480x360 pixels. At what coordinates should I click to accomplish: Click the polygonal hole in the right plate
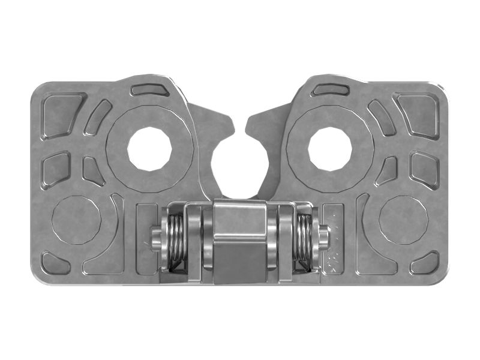click(x=330, y=148)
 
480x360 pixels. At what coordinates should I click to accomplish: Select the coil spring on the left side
click(x=175, y=240)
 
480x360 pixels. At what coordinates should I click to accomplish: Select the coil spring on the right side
click(x=304, y=240)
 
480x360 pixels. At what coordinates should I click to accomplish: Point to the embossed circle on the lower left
click(x=76, y=220)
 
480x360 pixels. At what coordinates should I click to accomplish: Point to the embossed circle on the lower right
click(x=403, y=220)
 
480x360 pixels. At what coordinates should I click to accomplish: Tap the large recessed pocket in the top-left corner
click(x=61, y=114)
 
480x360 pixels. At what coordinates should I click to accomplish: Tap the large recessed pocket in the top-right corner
click(x=419, y=114)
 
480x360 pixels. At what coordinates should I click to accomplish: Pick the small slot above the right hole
click(x=331, y=90)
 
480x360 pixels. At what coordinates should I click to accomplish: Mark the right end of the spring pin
click(x=324, y=239)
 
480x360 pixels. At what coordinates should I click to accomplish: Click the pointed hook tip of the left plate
click(x=231, y=126)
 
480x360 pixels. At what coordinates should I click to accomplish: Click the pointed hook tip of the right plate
click(x=248, y=126)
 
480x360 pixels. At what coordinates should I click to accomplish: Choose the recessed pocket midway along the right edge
click(x=424, y=168)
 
